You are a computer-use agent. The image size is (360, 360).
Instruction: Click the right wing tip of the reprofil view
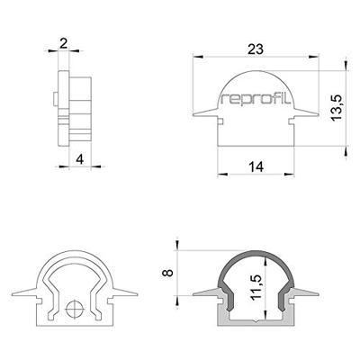tap(320, 116)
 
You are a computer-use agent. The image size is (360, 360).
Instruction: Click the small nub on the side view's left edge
tap(56, 96)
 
